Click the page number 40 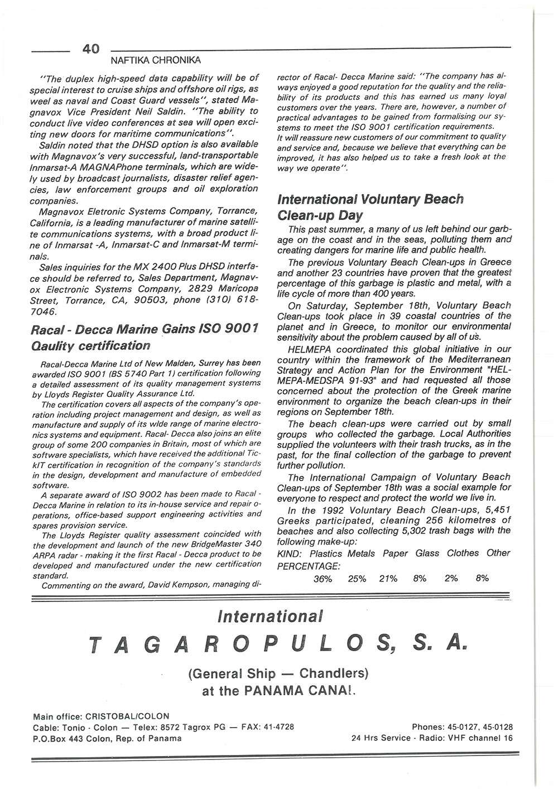point(90,49)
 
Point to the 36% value point(323,579)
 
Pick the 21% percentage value point(388,579)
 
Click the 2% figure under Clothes point(451,579)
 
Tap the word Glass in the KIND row point(427,553)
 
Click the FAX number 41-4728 point(276,727)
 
